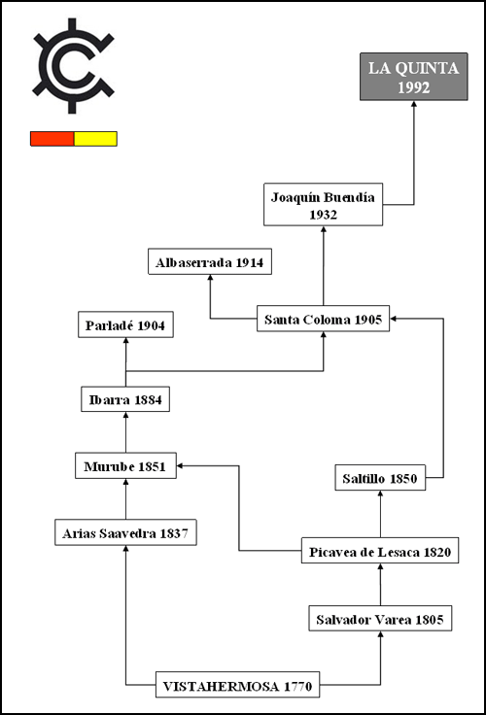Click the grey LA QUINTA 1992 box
coord(414,77)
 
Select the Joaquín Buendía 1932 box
coord(323,204)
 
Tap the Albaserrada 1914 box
coord(210,261)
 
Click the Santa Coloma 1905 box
coord(323,319)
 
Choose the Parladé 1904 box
coord(125,324)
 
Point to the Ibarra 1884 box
coord(125,399)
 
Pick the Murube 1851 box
coord(125,465)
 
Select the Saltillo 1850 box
coord(380,477)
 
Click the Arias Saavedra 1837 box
coord(125,532)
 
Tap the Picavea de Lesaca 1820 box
coord(380,551)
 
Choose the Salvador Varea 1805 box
coord(380,618)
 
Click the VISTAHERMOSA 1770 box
coord(237,685)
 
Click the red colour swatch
coord(52,139)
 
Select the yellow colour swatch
coord(95,139)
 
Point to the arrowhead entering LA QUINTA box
coord(414,104)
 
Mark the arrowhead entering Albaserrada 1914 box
coord(210,278)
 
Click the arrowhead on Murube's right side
coord(180,465)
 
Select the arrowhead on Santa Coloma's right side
coord(394,319)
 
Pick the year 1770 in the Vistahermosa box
coord(298,686)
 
